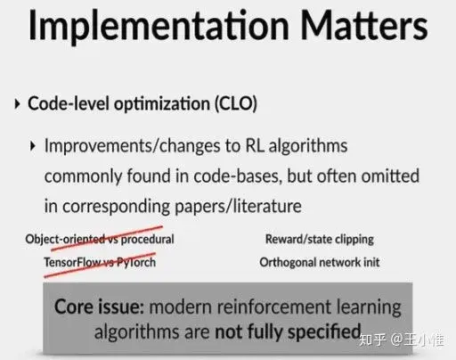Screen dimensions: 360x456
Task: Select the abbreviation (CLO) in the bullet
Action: (x=230, y=103)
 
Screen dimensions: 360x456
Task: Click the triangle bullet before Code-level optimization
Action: (x=17, y=104)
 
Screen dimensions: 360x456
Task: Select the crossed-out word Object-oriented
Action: (x=64, y=239)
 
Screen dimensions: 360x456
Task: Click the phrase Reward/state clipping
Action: (x=319, y=239)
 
